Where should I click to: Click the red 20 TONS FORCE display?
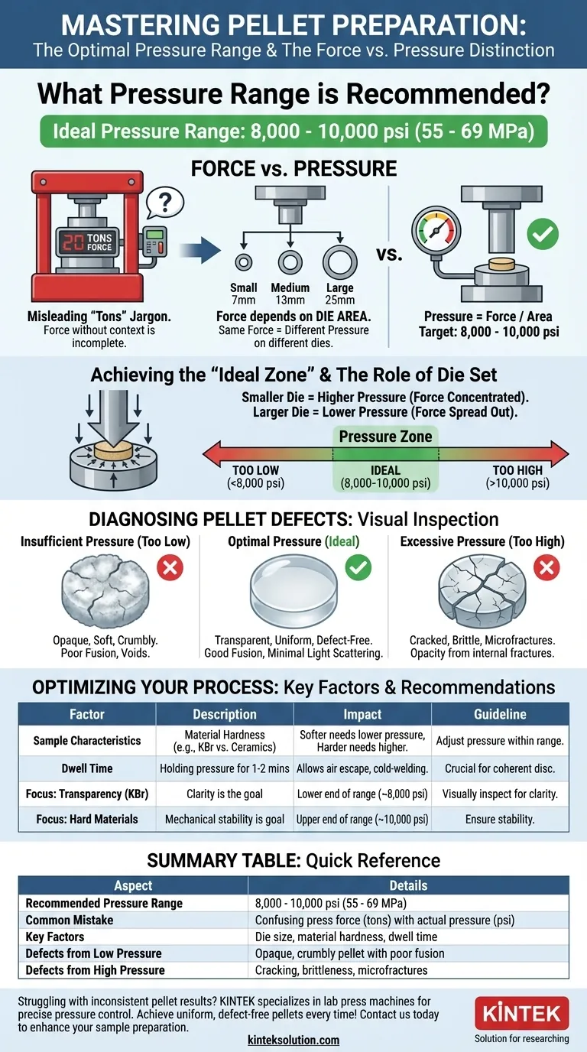point(87,242)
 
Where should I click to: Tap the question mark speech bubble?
point(164,203)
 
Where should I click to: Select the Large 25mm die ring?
point(340,262)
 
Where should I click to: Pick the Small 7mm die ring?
point(243,262)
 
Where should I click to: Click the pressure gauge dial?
point(436,231)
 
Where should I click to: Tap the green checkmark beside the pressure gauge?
point(543,233)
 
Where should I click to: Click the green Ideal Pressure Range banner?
point(294,131)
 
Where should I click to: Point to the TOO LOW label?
point(256,470)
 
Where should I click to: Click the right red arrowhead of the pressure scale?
point(559,454)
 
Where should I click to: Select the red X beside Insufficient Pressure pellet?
point(170,567)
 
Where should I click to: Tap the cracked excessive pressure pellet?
point(482,592)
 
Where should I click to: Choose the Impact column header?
point(362,714)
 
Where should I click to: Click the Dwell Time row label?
point(87,768)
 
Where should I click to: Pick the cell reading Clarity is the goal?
point(225,794)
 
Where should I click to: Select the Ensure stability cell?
point(500,819)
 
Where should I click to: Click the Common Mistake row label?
point(70,920)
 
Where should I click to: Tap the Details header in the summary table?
point(409,886)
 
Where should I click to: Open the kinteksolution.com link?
point(293,1041)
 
